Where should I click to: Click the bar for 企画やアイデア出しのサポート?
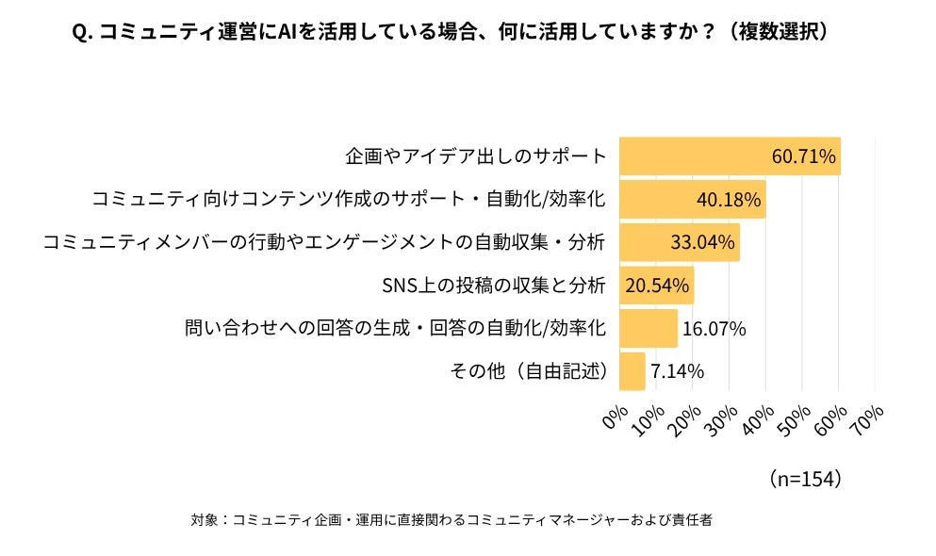pyautogui.click(x=729, y=156)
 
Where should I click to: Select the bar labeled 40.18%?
pyautogui.click(x=692, y=200)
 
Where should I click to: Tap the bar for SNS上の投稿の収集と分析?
pyautogui.click(x=656, y=285)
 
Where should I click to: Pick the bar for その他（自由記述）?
pyautogui.click(x=632, y=370)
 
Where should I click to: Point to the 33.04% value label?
pyautogui.click(x=702, y=242)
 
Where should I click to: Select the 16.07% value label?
pyautogui.click(x=714, y=328)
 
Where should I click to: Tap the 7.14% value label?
pyautogui.click(x=677, y=370)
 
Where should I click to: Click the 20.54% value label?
pyautogui.click(x=657, y=285)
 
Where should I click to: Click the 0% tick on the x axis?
pyautogui.click(x=616, y=416)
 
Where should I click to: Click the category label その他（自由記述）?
pyautogui.click(x=529, y=370)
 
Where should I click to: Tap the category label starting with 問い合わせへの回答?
pyautogui.click(x=394, y=328)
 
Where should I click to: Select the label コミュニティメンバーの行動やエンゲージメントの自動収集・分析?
pyautogui.click(x=323, y=242)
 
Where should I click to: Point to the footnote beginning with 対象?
pyautogui.click(x=451, y=520)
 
